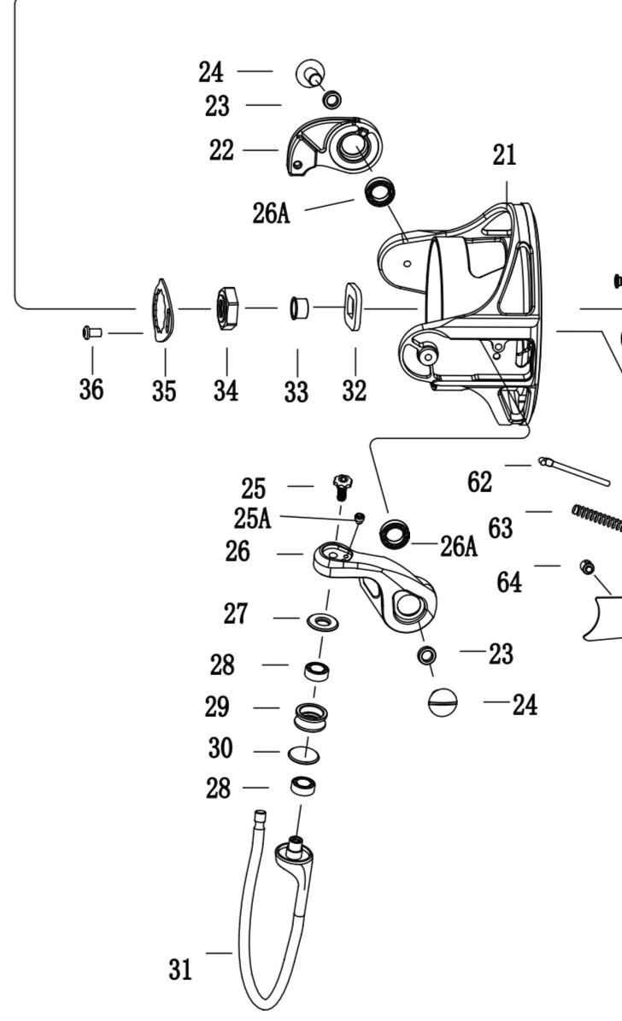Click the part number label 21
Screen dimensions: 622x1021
point(504,155)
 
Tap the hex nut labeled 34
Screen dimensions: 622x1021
point(227,308)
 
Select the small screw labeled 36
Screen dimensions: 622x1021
point(92,332)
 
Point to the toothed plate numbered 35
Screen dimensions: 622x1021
point(163,310)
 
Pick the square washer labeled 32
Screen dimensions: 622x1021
point(353,306)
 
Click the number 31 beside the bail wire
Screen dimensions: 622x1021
point(180,970)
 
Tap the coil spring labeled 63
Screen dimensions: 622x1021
point(596,518)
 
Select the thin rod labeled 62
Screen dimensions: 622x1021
point(574,472)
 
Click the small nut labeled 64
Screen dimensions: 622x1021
point(587,567)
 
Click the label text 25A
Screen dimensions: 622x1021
point(252,519)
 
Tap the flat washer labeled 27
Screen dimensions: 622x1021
point(323,620)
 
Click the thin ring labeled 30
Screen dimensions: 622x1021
point(303,754)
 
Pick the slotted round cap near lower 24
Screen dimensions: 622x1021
point(443,702)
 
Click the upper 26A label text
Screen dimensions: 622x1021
point(271,213)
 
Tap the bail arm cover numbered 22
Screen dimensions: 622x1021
point(333,146)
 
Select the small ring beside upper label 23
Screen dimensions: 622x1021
point(332,100)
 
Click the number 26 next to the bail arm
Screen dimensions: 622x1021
point(237,552)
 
